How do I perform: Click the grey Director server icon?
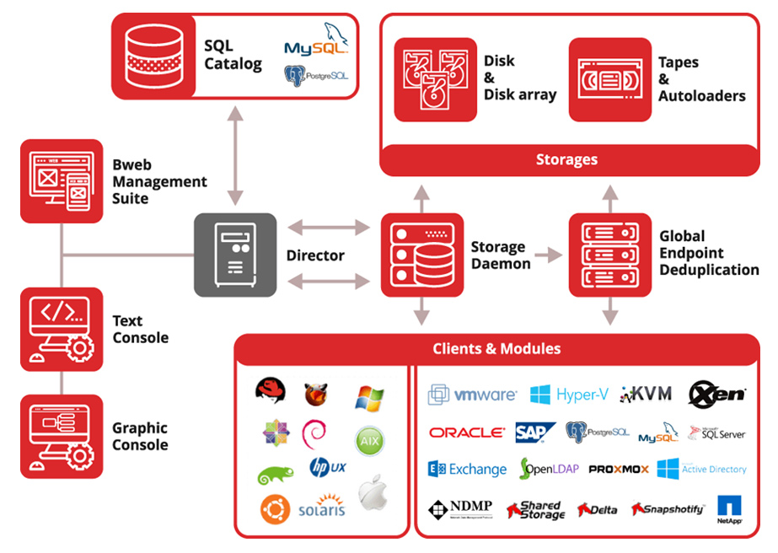coord(235,255)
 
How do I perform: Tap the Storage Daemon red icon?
coord(422,255)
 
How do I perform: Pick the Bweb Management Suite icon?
coord(61,181)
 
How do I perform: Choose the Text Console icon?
coord(61,330)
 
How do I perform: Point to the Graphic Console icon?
coord(61,437)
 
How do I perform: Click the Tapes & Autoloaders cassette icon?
coord(610,80)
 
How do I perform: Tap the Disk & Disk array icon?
coord(435,80)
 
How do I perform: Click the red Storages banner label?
coord(566,159)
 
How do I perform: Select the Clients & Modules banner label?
coord(496,349)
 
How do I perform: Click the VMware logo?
coord(472,395)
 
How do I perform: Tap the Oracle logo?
coord(466,432)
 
